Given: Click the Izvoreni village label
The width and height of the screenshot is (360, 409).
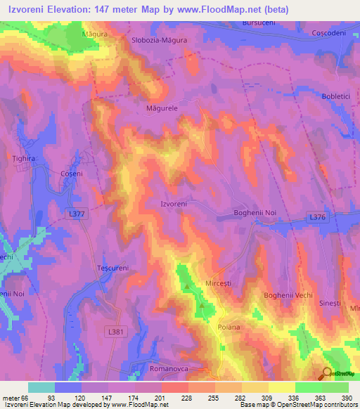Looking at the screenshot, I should coord(174,204).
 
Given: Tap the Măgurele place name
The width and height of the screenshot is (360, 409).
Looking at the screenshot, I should coord(162,109).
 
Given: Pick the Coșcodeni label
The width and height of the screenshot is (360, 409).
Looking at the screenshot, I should coord(330,33).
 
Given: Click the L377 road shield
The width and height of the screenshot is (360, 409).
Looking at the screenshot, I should coord(79,213).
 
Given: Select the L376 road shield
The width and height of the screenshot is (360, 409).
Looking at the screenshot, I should coord(318,219).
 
